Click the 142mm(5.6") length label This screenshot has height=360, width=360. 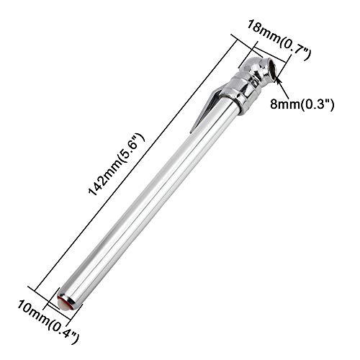click(x=117, y=165)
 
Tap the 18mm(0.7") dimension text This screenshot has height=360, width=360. click(x=279, y=40)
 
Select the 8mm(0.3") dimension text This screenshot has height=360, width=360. click(x=302, y=104)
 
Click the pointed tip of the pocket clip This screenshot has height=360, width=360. click(x=191, y=132)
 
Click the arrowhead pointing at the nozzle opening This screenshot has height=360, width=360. click(x=278, y=80)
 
